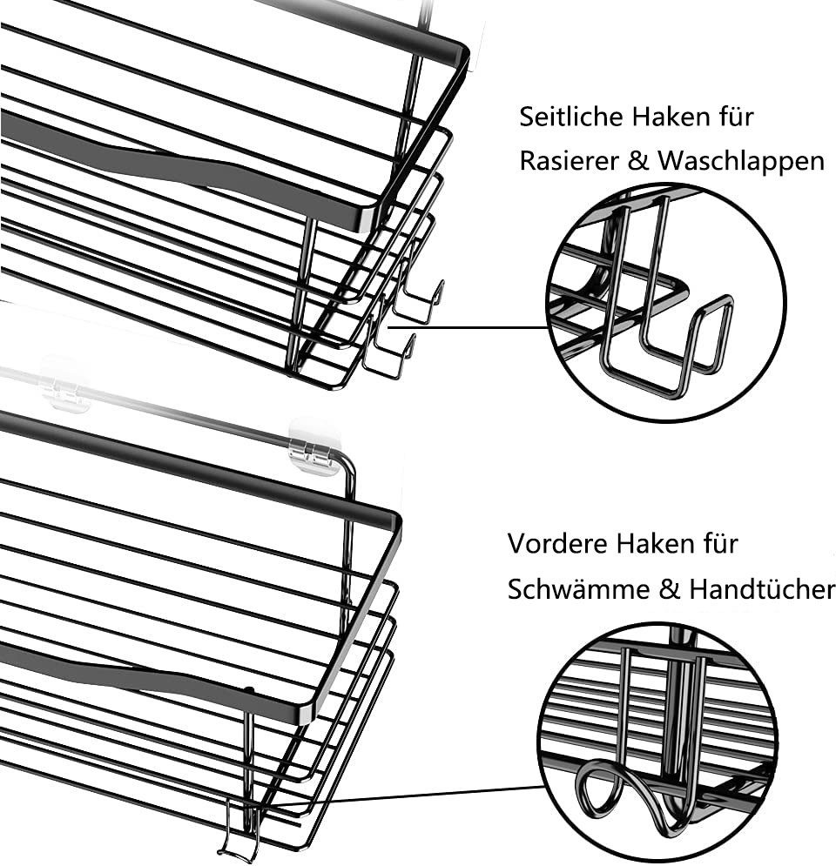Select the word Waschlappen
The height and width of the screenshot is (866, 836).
(x=740, y=162)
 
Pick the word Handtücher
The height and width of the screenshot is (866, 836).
(x=761, y=589)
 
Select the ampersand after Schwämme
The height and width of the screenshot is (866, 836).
(x=668, y=590)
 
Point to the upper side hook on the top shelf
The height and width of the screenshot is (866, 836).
(x=418, y=300)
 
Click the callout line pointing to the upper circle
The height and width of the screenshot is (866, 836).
(x=470, y=328)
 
